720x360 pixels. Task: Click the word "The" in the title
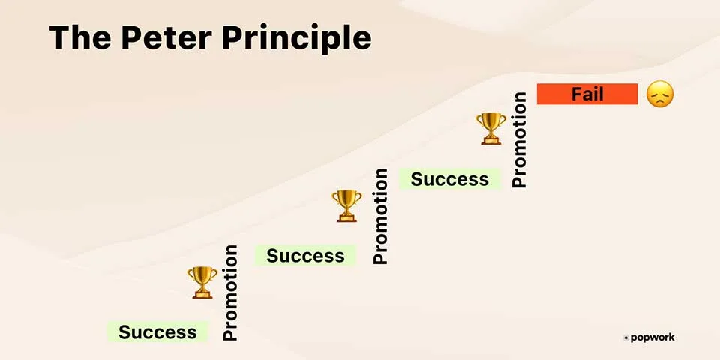[x=79, y=37]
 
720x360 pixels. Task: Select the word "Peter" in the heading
[x=166, y=37]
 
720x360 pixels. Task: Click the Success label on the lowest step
[x=157, y=331]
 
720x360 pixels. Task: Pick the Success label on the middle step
[x=305, y=255]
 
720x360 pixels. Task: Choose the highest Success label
[x=449, y=179]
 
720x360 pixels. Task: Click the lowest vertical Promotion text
[x=230, y=292]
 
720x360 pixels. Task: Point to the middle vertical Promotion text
[x=380, y=216]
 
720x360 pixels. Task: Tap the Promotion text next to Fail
[x=519, y=139]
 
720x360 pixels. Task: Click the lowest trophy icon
[x=202, y=282]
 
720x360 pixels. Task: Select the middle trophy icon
[x=346, y=205]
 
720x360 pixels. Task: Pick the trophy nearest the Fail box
[x=490, y=128]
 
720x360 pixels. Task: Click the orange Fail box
[x=587, y=94]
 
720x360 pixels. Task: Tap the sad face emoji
[x=660, y=94]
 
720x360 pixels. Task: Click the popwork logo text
[x=652, y=337]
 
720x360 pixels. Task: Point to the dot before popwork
[x=625, y=338]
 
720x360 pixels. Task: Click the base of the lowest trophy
[x=202, y=294]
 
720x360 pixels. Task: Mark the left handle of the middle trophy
[x=334, y=197]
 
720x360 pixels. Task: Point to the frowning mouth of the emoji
[x=660, y=101]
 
